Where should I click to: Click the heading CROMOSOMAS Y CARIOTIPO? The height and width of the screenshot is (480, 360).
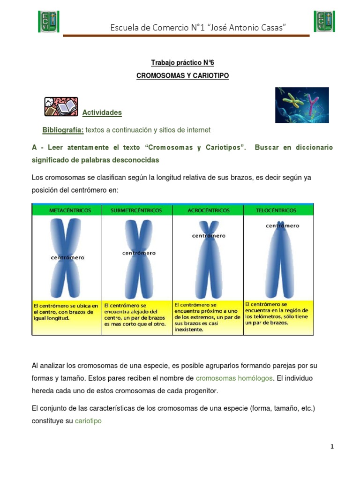[182, 75]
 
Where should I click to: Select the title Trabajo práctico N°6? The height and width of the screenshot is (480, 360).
[182, 62]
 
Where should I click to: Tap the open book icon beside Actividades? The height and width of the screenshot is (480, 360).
[61, 107]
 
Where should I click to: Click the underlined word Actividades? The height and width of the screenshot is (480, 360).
[102, 112]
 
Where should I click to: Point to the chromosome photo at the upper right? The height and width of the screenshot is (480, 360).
[301, 105]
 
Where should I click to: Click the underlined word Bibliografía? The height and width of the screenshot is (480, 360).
[63, 130]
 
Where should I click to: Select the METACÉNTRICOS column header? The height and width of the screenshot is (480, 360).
[67, 210]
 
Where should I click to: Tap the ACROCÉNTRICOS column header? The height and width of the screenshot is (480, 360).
[209, 210]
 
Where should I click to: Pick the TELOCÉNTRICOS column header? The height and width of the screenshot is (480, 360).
[278, 210]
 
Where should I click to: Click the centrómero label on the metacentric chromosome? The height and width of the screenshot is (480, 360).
[68, 257]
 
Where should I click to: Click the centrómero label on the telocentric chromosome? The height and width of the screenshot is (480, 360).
[282, 226]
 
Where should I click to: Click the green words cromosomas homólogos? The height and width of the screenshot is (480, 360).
[234, 378]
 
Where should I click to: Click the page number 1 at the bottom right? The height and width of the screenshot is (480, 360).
[332, 447]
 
